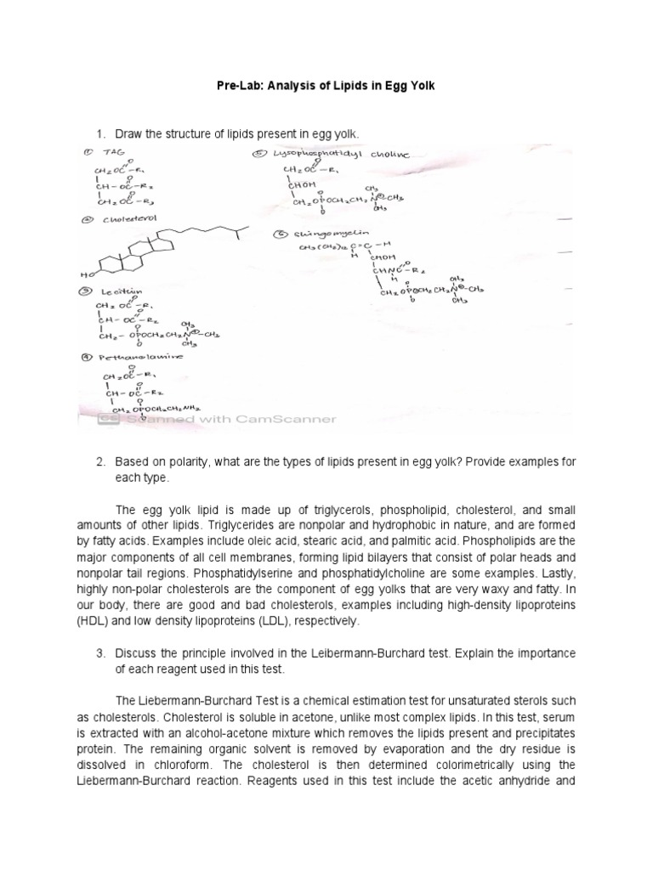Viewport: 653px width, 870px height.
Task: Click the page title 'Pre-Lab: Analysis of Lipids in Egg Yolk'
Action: click(x=326, y=88)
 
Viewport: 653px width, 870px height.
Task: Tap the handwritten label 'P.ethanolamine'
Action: click(x=136, y=357)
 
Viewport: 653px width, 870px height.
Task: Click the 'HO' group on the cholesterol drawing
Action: click(x=86, y=275)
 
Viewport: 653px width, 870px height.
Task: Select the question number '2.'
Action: click(x=99, y=461)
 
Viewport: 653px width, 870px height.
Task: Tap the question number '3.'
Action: click(x=99, y=653)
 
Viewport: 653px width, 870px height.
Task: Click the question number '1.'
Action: click(x=99, y=134)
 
